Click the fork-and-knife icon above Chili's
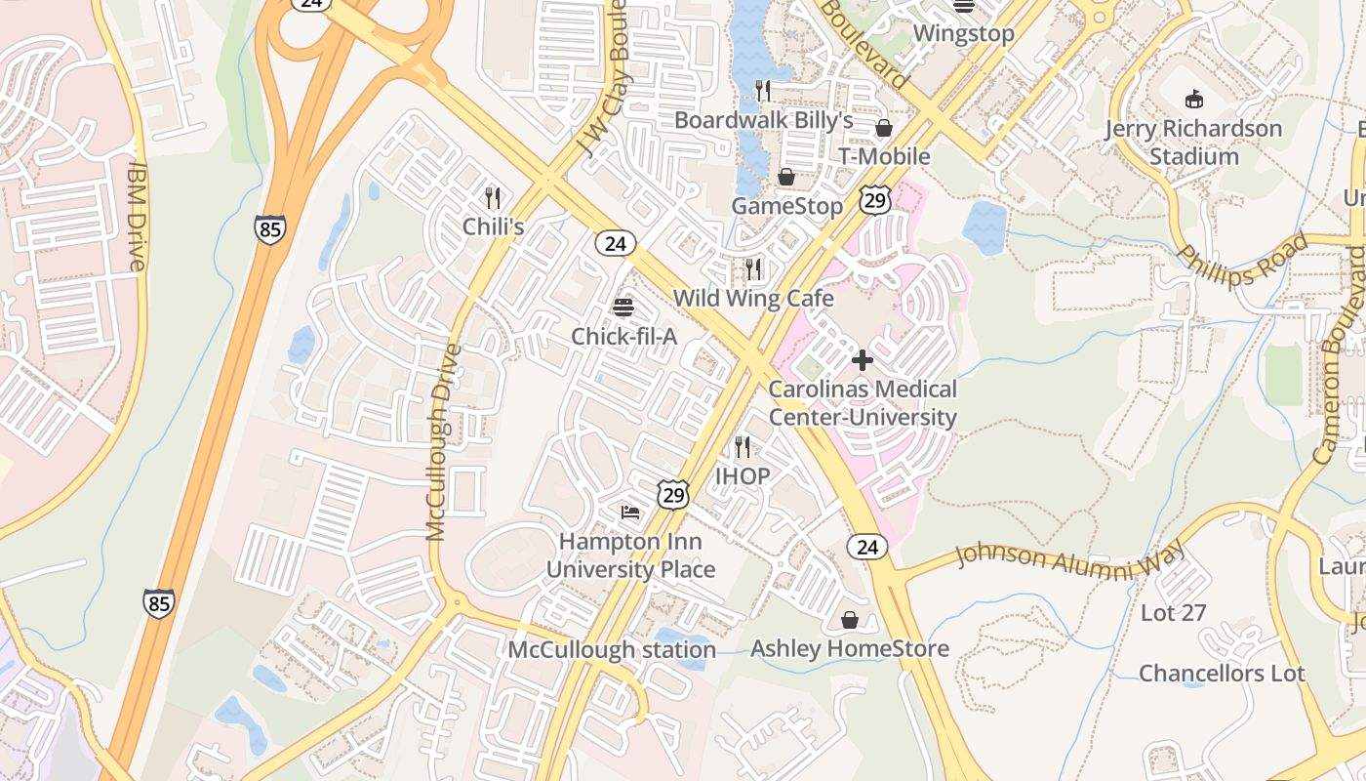click(493, 198)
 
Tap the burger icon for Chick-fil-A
click(623, 308)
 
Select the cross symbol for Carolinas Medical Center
click(863, 360)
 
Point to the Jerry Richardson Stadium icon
click(1193, 99)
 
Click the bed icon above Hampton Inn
click(630, 512)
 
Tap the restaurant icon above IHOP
click(743, 447)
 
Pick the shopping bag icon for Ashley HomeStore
click(850, 620)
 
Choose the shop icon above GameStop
click(786, 177)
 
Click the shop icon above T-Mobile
click(884, 128)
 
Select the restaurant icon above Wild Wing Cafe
click(753, 268)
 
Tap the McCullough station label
click(612, 649)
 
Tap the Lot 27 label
click(1173, 613)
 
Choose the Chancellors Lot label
click(1222, 674)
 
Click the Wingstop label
click(963, 33)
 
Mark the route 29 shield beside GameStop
click(874, 201)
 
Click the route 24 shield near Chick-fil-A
click(615, 243)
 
